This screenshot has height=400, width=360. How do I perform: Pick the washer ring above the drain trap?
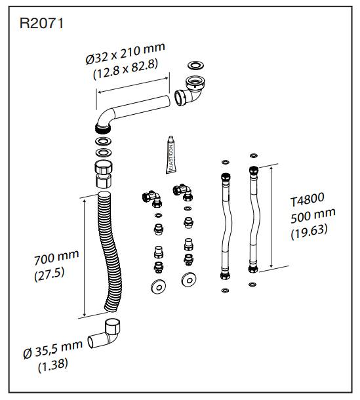[195, 66]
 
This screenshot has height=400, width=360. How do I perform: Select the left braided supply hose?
[224, 223]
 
